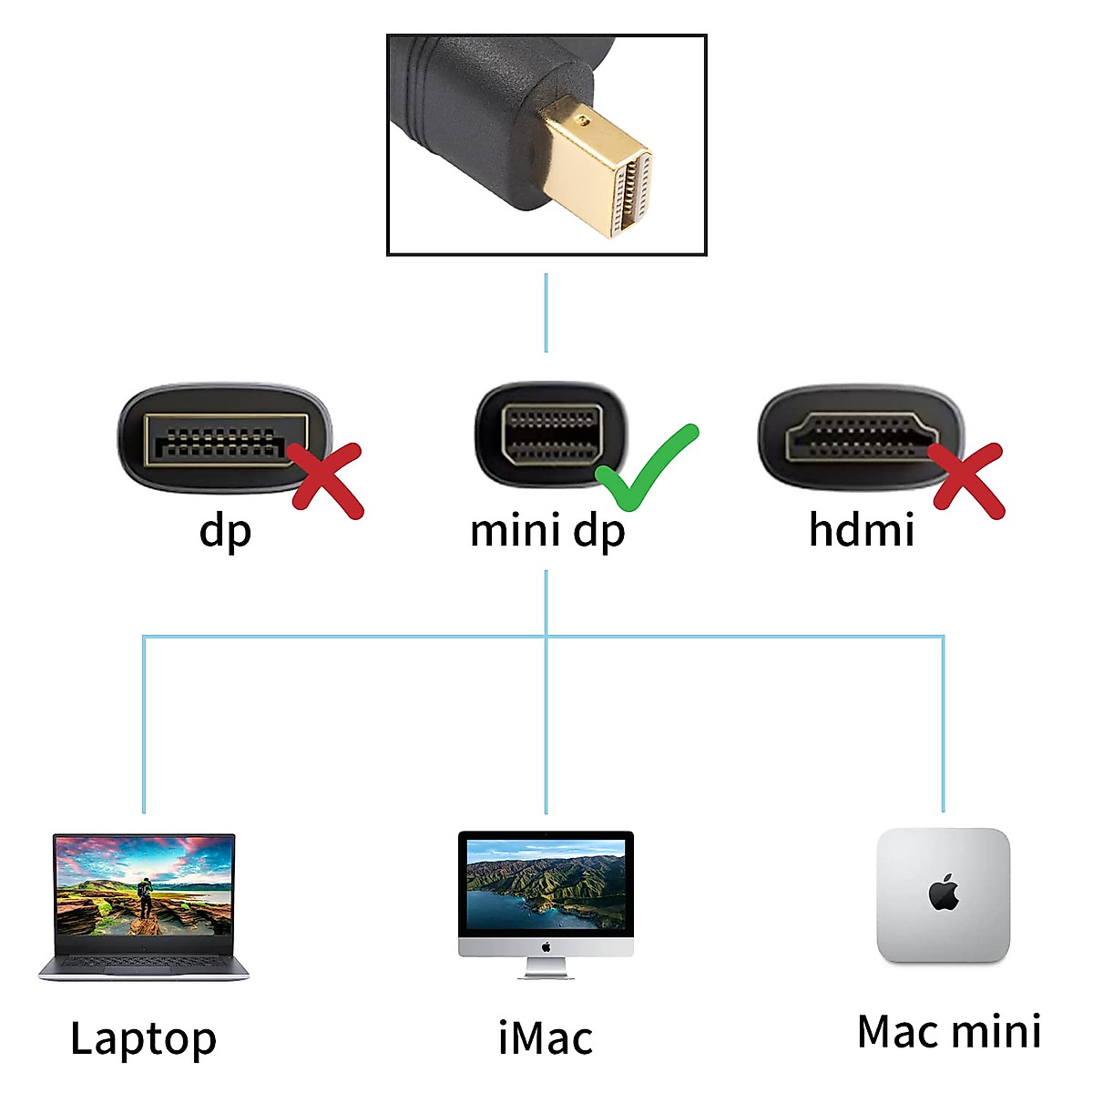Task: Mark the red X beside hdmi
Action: click(969, 480)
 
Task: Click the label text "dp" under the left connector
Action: click(225, 531)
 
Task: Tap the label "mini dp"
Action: click(547, 531)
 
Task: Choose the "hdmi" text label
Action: click(862, 530)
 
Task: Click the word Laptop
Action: click(143, 1038)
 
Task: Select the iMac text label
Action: click(546, 1038)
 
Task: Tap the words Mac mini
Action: click(949, 1032)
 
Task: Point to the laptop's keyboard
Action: click(144, 962)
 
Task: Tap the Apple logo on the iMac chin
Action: click(546, 947)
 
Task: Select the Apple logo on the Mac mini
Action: click(945, 894)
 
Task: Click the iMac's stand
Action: click(546, 967)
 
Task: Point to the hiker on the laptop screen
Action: click(145, 897)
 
